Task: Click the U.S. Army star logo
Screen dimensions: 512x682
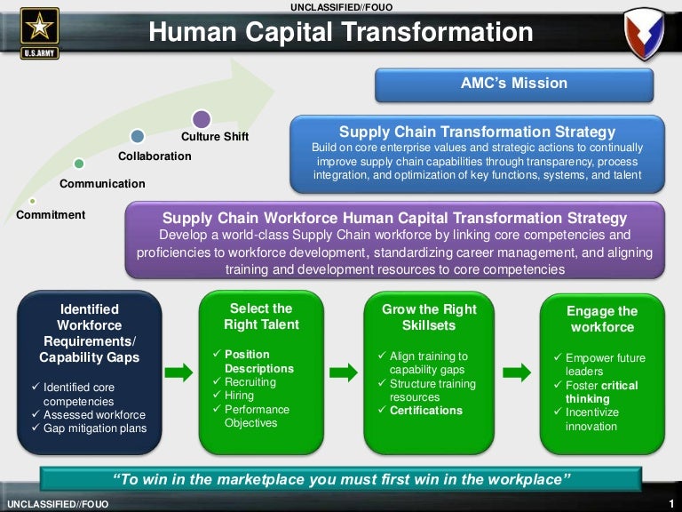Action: point(40,32)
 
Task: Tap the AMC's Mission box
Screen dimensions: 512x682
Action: point(513,84)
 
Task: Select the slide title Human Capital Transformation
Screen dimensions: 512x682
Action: point(341,33)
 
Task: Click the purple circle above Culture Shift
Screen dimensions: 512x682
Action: point(202,118)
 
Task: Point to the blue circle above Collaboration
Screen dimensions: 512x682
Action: point(137,136)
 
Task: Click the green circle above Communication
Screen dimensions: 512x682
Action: point(79,164)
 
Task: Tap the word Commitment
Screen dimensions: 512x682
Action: point(51,215)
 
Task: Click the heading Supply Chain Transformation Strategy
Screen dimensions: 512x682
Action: point(477,132)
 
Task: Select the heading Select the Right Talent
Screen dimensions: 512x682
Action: point(261,316)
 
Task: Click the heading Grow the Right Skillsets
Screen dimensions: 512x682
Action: point(429,317)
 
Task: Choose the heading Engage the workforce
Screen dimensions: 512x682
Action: point(601,319)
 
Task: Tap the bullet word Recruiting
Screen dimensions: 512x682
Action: point(250,382)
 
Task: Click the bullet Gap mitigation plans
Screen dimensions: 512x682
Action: point(95,428)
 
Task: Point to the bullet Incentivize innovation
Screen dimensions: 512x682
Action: point(591,420)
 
